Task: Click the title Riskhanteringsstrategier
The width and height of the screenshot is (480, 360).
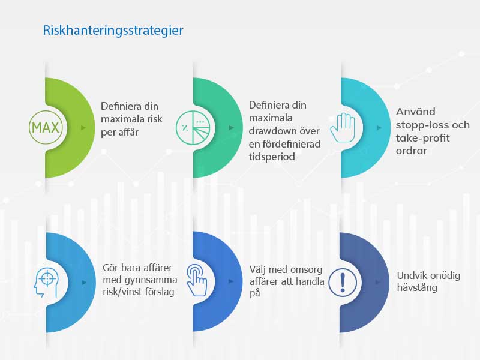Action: [113, 31]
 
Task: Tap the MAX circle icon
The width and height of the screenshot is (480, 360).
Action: [46, 127]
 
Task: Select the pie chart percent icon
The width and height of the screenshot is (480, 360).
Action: [193, 127]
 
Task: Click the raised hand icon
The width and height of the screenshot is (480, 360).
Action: [343, 128]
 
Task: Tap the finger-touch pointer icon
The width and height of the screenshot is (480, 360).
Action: [197, 280]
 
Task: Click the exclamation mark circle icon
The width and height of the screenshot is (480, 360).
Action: [343, 282]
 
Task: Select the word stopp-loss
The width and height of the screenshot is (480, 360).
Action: [422, 125]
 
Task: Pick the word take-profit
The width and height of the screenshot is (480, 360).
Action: [422, 139]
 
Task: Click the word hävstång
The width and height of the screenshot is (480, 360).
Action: [417, 288]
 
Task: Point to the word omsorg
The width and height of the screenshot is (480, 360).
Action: [306, 270]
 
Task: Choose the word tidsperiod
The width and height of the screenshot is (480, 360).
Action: [272, 157]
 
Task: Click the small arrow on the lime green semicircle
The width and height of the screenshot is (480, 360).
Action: [83, 128]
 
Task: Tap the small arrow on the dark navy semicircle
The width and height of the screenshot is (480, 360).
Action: [379, 282]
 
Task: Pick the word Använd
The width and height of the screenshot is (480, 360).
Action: [415, 112]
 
